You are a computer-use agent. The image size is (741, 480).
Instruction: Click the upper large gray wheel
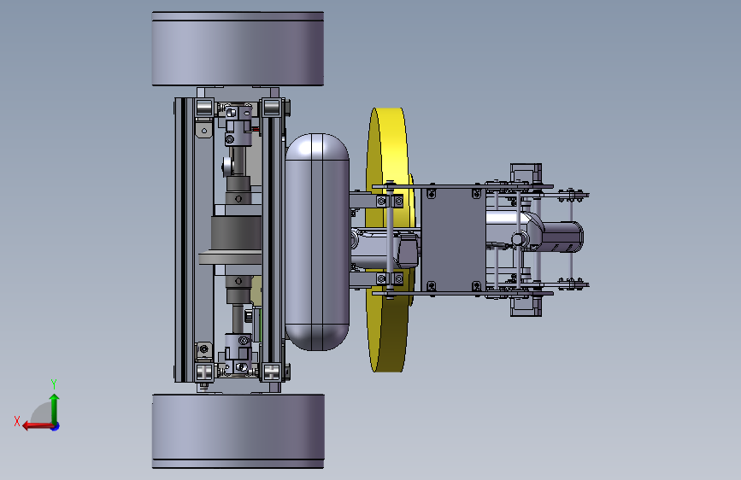[x=238, y=50]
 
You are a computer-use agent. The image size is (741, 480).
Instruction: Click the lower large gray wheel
[x=238, y=431]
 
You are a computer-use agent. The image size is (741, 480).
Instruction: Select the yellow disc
[x=387, y=240]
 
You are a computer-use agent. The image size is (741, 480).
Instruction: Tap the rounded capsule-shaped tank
[x=317, y=242]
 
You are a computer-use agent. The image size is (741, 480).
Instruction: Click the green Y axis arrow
[x=55, y=407]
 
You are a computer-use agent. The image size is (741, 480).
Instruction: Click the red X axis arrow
[x=37, y=426]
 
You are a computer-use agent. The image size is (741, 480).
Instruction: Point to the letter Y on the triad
[x=54, y=383]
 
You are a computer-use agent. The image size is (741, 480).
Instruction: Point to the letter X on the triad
[x=17, y=421]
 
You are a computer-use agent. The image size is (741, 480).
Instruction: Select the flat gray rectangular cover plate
[x=453, y=239]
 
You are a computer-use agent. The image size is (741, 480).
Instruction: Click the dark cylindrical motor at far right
[x=563, y=237]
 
